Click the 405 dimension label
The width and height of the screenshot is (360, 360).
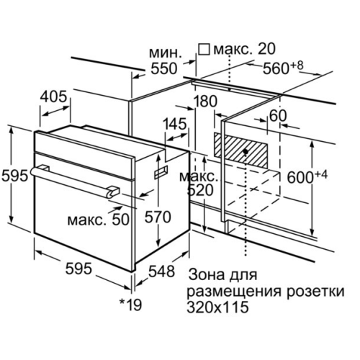pos(53,96)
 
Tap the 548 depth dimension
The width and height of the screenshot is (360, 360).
pos(161,271)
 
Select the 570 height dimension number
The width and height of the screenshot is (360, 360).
pos(158,217)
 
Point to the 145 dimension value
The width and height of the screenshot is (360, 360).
pos(175,124)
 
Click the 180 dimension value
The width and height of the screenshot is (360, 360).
pos(204,101)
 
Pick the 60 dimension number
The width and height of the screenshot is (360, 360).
pos(278,116)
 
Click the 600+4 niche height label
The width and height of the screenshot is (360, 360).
pos(307,177)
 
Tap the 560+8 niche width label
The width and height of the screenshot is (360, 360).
pos(283,68)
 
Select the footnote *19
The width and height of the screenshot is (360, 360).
pos(131,305)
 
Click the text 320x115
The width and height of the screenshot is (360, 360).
pos(217,307)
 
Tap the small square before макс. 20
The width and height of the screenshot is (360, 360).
pos(204,50)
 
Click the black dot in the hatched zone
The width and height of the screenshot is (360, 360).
pos(246,152)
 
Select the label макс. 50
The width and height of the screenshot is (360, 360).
pos(99,220)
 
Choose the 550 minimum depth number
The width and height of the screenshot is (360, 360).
pos(164,68)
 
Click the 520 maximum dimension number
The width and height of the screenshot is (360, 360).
pos(200,190)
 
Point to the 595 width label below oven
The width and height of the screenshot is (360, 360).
pos(78,268)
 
